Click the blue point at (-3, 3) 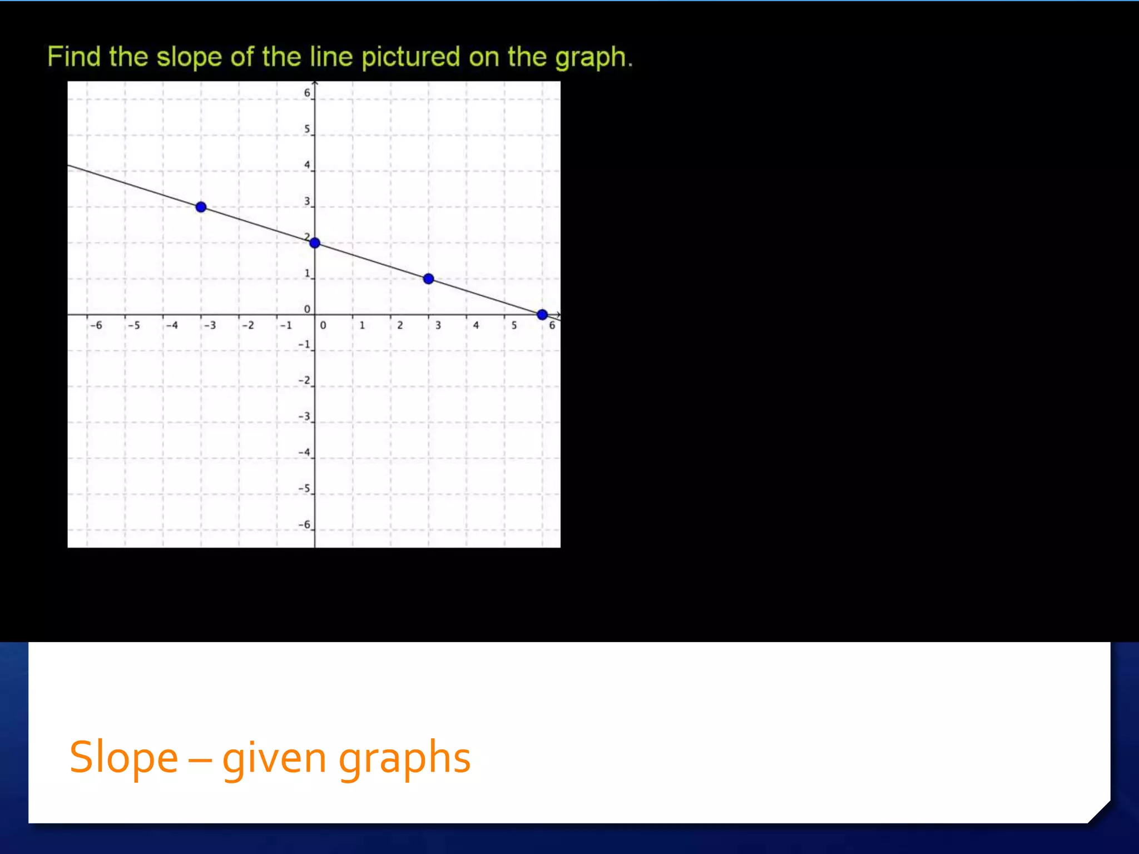coord(201,207)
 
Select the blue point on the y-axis coord(315,242)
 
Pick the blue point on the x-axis coord(542,315)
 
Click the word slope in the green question coord(189,57)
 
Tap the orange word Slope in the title coord(123,757)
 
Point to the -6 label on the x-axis coord(96,325)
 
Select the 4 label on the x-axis coord(476,325)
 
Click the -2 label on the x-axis coord(248,325)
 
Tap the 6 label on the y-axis coord(307,93)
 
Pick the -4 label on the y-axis coord(304,453)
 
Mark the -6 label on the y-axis coord(304,524)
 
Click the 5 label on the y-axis coord(307,129)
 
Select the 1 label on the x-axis coord(362,325)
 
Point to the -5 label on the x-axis coord(134,325)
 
